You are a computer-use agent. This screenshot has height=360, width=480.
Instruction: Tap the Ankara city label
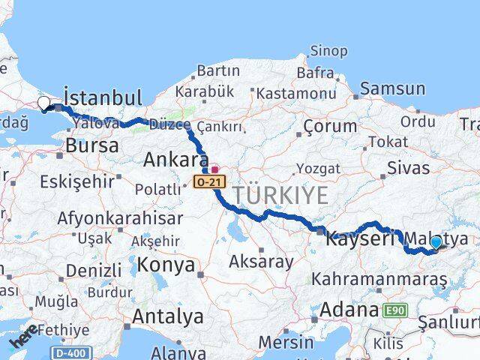175,160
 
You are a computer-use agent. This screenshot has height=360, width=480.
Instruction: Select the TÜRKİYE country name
280,196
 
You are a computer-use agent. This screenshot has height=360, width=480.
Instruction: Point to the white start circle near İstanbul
43,103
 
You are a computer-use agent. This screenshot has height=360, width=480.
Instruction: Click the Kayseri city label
359,239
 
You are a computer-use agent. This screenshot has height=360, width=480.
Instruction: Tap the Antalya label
167,316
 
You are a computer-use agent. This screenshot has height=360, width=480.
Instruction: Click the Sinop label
328,51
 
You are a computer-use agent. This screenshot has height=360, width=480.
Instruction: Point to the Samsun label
391,89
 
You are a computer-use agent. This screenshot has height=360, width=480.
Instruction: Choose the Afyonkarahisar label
120,218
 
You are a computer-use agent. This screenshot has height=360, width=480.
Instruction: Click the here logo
24,341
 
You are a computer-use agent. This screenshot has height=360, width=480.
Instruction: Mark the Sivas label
409,167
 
